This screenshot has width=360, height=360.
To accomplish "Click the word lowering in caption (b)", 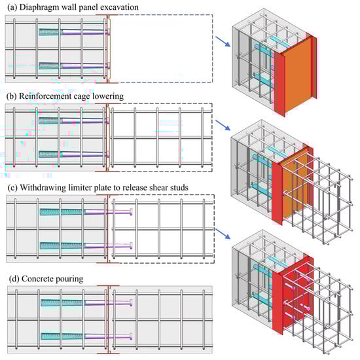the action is coord(108,96).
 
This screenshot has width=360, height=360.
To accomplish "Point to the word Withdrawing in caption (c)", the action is coord(43,188).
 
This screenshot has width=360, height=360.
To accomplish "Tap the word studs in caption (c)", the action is coord(179,187).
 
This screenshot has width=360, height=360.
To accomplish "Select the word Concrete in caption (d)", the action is coord(37,279).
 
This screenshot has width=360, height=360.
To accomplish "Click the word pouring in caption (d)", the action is coord(69,279).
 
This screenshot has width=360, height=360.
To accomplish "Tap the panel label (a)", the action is coord(12,7).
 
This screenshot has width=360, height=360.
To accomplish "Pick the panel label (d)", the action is coord(14,279).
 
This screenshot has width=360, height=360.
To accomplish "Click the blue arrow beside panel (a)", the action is coord(223,41).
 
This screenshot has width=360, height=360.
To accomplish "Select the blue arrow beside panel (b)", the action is coord(223,125).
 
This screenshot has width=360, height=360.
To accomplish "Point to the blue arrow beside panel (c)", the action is coord(223,234).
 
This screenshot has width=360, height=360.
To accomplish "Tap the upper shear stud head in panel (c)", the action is coord(131,211).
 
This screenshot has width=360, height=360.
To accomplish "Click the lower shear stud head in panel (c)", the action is coord(131,245).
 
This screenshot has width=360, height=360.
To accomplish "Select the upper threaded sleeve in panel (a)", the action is coord(50,32).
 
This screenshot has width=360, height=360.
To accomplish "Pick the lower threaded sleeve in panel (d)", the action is coord(62,336).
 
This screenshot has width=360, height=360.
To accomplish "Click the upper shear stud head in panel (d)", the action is coord(131,303).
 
